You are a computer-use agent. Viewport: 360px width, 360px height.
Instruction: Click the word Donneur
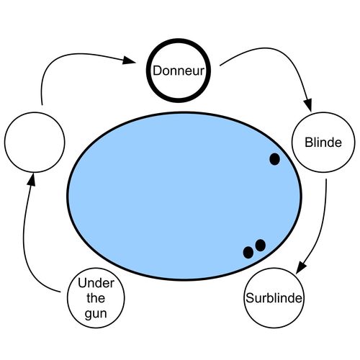(x=179, y=71)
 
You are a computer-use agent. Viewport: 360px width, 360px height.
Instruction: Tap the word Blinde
(x=323, y=143)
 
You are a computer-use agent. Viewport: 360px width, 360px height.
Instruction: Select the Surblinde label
(x=274, y=298)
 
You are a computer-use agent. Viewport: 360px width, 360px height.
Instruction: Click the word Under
(x=96, y=283)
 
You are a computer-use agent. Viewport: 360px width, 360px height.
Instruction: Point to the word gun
(x=96, y=314)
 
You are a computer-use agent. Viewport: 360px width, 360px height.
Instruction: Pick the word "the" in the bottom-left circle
(x=96, y=298)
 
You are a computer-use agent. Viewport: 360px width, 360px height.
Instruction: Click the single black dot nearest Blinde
(x=274, y=159)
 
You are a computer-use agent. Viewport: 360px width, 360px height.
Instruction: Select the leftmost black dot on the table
(x=248, y=253)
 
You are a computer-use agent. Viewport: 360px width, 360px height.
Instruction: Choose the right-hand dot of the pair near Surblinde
(x=261, y=246)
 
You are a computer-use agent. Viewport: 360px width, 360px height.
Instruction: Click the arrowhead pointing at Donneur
(x=129, y=60)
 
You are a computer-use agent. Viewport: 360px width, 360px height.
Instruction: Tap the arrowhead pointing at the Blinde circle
(x=308, y=105)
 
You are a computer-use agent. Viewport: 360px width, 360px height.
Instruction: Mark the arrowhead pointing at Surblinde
(x=301, y=267)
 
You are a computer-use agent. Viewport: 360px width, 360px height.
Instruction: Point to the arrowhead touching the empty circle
(x=32, y=180)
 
